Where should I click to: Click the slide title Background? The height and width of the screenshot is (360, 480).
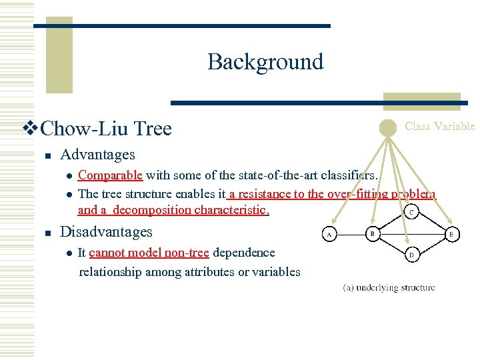coord(265,62)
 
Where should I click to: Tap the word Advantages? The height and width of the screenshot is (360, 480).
coord(97,155)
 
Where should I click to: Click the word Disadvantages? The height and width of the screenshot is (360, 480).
coord(106,232)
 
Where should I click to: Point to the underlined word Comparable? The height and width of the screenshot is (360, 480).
coord(110,175)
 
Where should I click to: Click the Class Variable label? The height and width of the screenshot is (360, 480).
coord(440,126)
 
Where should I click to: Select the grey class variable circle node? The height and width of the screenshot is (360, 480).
coord(388,127)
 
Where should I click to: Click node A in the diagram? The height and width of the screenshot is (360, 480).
coord(329,234)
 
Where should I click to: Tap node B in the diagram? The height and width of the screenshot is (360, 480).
coord(373,233)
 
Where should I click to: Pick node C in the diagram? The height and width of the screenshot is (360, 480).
coord(412,212)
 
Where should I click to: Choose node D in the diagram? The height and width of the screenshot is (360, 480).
coord(411,254)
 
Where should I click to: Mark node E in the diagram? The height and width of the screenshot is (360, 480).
coord(451,233)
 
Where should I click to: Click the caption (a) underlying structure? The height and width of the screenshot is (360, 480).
coord(389,288)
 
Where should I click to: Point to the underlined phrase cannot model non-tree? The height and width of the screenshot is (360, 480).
coord(149,253)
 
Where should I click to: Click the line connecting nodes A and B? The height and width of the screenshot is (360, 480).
coord(351,234)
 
